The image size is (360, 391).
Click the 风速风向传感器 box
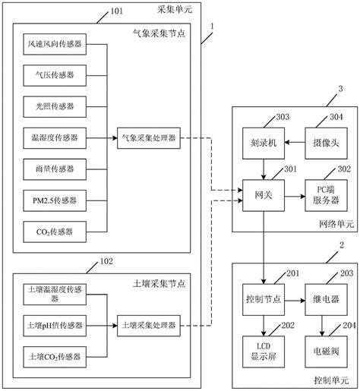coord(55,46)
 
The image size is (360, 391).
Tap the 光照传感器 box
coord(55,106)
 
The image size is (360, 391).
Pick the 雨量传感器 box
coord(55,168)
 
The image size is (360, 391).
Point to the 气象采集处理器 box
coord(147,137)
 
